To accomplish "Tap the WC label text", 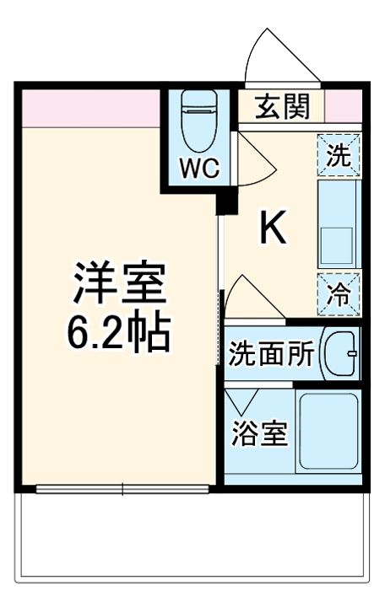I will [x=200, y=166].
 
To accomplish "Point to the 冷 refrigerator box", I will [x=339, y=294].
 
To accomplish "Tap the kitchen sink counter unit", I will [x=339, y=224].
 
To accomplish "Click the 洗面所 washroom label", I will [x=271, y=355].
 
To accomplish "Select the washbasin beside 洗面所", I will [x=343, y=354].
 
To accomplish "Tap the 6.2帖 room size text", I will [x=117, y=335].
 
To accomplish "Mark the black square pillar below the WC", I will [x=225, y=203].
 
